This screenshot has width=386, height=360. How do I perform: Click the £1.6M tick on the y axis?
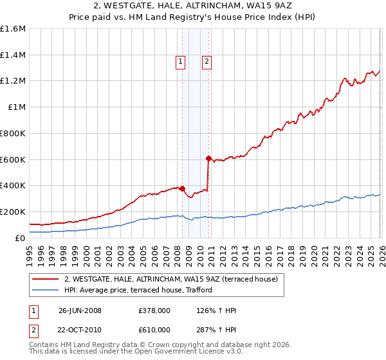coord(13,29)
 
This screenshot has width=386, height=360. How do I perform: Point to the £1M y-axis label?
coord(16,107)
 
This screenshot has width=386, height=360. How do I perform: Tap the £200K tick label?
coord(13,212)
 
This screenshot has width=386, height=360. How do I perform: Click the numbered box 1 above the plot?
coord(179,62)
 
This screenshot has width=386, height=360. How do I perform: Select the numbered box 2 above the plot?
coord(207,62)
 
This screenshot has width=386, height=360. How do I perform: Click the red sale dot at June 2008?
coord(182,188)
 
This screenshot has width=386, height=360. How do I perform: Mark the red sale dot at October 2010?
coord(208,158)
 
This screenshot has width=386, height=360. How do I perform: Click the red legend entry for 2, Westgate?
coord(170,279)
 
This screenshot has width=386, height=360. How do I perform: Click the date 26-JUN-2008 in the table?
coord(80,310)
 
